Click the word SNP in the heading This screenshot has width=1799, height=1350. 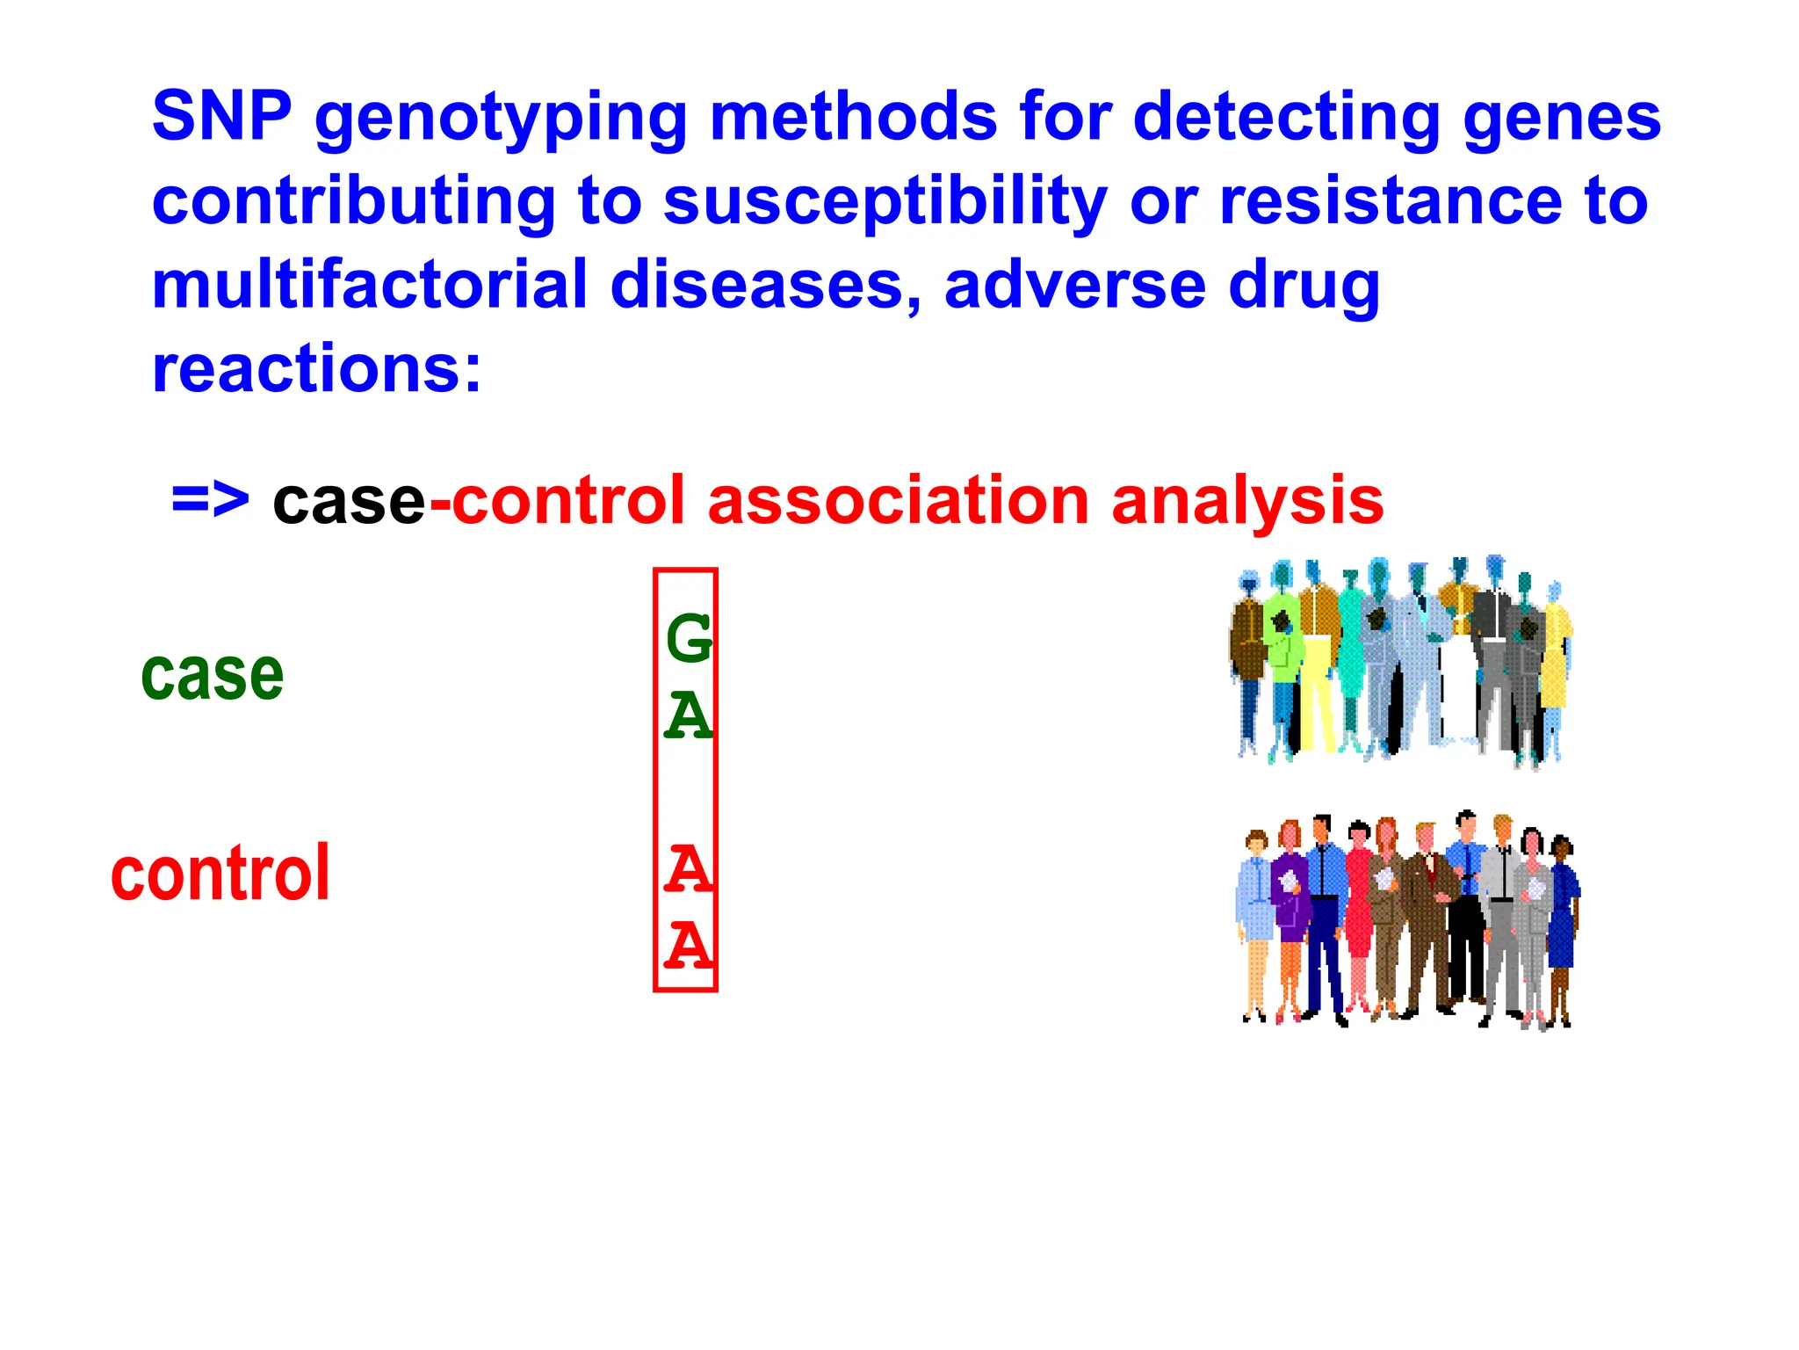click(221, 116)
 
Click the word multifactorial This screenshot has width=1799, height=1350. click(369, 285)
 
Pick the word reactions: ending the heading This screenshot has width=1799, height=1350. click(316, 369)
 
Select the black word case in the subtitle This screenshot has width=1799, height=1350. click(349, 501)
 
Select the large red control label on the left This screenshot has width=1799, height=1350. click(220, 873)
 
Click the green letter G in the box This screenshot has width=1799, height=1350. click(688, 639)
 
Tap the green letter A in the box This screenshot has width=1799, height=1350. click(688, 715)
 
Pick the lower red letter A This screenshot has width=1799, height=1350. click(688, 946)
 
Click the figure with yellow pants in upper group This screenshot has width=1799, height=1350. click(1317, 686)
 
